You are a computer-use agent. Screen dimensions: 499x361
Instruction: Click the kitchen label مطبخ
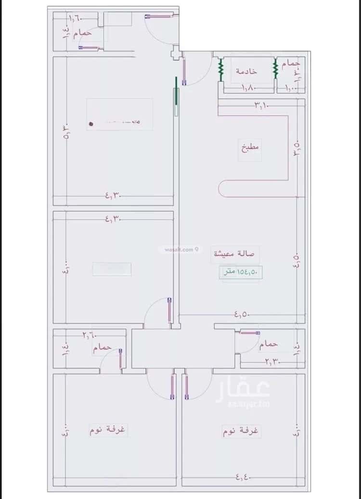coord(250,146)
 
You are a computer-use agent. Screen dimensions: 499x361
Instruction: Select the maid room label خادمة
coord(246,71)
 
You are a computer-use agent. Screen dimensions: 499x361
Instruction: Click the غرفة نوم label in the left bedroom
coord(107,430)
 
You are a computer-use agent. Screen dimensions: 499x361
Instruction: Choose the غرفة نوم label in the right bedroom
coord(241,431)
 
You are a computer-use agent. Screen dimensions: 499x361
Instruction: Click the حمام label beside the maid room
coord(291,63)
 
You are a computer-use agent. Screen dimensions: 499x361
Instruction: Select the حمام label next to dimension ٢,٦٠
coord(103,347)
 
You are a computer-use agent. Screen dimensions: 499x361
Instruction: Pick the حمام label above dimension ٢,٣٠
coord(268,344)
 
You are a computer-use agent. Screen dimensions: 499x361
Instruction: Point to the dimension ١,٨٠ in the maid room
coord(248,88)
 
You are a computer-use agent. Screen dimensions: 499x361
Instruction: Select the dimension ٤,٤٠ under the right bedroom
coord(244,477)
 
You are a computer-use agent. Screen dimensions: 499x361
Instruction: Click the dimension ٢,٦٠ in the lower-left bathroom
coord(89,334)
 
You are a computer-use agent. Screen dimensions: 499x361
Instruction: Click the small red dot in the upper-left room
coord(90,124)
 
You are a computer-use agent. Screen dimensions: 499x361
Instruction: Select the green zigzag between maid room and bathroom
coord(276,69)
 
